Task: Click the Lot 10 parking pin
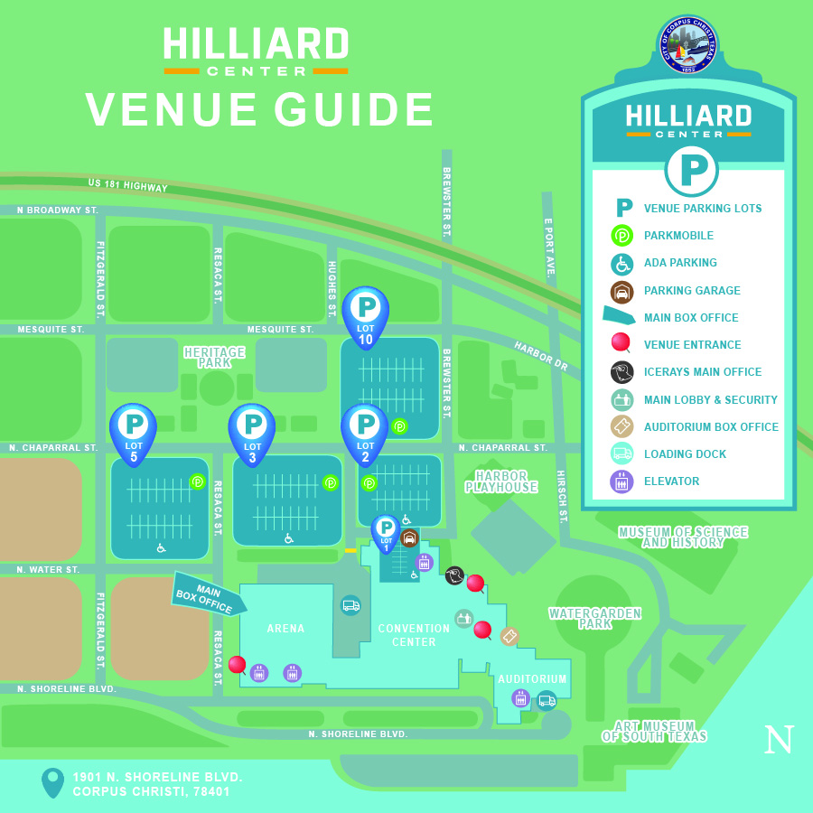[365, 313]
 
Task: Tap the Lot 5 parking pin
[133, 430]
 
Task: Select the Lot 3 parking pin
[252, 430]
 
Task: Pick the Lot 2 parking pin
[365, 430]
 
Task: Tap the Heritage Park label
[214, 358]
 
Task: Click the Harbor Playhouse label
[501, 481]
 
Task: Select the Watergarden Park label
[594, 619]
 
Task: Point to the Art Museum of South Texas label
[654, 732]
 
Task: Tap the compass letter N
[779, 741]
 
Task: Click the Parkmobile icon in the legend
[621, 236]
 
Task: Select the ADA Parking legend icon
[621, 263]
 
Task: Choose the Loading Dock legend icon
[621, 454]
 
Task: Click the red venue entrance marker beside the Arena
[237, 665]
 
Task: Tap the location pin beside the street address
[53, 781]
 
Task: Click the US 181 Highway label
[127, 185]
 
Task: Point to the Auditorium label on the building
[533, 679]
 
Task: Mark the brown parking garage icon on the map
[409, 538]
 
